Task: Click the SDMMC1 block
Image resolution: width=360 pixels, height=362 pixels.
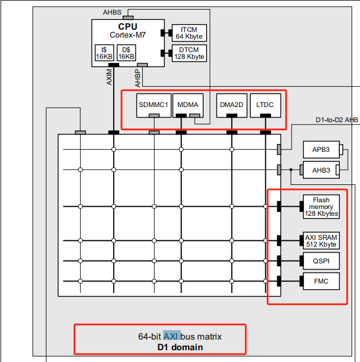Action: click(154, 105)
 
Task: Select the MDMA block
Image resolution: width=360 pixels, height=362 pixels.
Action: click(188, 105)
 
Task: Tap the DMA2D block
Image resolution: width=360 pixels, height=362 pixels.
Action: click(232, 105)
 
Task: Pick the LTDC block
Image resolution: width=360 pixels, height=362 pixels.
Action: click(265, 105)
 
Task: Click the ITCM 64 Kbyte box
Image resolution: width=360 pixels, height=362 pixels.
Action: click(189, 33)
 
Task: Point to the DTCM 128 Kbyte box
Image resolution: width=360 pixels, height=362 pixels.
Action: click(189, 53)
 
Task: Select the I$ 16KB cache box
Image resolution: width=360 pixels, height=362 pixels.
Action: click(104, 53)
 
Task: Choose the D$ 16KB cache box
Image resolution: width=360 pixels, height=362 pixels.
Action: click(127, 53)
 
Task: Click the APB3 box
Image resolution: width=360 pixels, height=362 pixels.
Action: click(321, 150)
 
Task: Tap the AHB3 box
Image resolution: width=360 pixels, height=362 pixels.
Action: click(321, 170)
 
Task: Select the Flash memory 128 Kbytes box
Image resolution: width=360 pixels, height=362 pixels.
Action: click(321, 207)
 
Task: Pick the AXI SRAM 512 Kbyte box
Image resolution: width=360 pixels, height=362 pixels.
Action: click(321, 241)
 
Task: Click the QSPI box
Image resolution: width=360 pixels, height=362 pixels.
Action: click(321, 261)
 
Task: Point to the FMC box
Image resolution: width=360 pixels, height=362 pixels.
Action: click(321, 281)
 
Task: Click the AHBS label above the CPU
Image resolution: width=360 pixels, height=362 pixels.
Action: click(112, 12)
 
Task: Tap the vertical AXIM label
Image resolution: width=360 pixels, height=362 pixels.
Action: click(109, 77)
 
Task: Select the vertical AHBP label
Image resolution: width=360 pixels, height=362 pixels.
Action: click(138, 78)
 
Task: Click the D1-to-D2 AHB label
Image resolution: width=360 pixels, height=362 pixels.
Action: click(337, 120)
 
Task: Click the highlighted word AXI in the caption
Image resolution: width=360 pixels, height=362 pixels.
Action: click(171, 336)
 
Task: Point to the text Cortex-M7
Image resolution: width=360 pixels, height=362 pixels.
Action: click(128, 35)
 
